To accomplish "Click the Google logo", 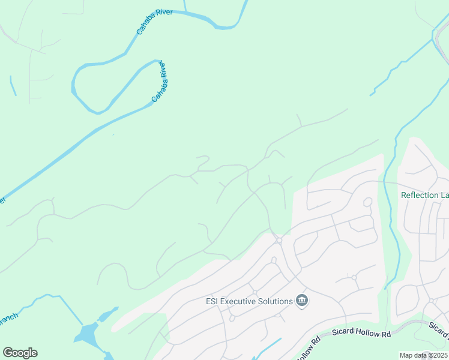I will pos(20,353).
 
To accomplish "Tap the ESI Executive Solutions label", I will pos(249,301).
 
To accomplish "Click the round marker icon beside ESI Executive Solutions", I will pos(302,301).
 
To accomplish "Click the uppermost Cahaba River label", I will pos(154,21).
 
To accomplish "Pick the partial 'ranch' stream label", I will pos(8,317).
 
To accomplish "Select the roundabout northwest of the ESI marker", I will pos(279,241).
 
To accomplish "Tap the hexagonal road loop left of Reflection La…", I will pos(368,202).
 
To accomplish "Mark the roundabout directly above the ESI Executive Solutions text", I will pos(255,293).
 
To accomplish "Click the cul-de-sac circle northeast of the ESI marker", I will pos(354,277).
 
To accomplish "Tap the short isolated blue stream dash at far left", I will pos(13,85).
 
